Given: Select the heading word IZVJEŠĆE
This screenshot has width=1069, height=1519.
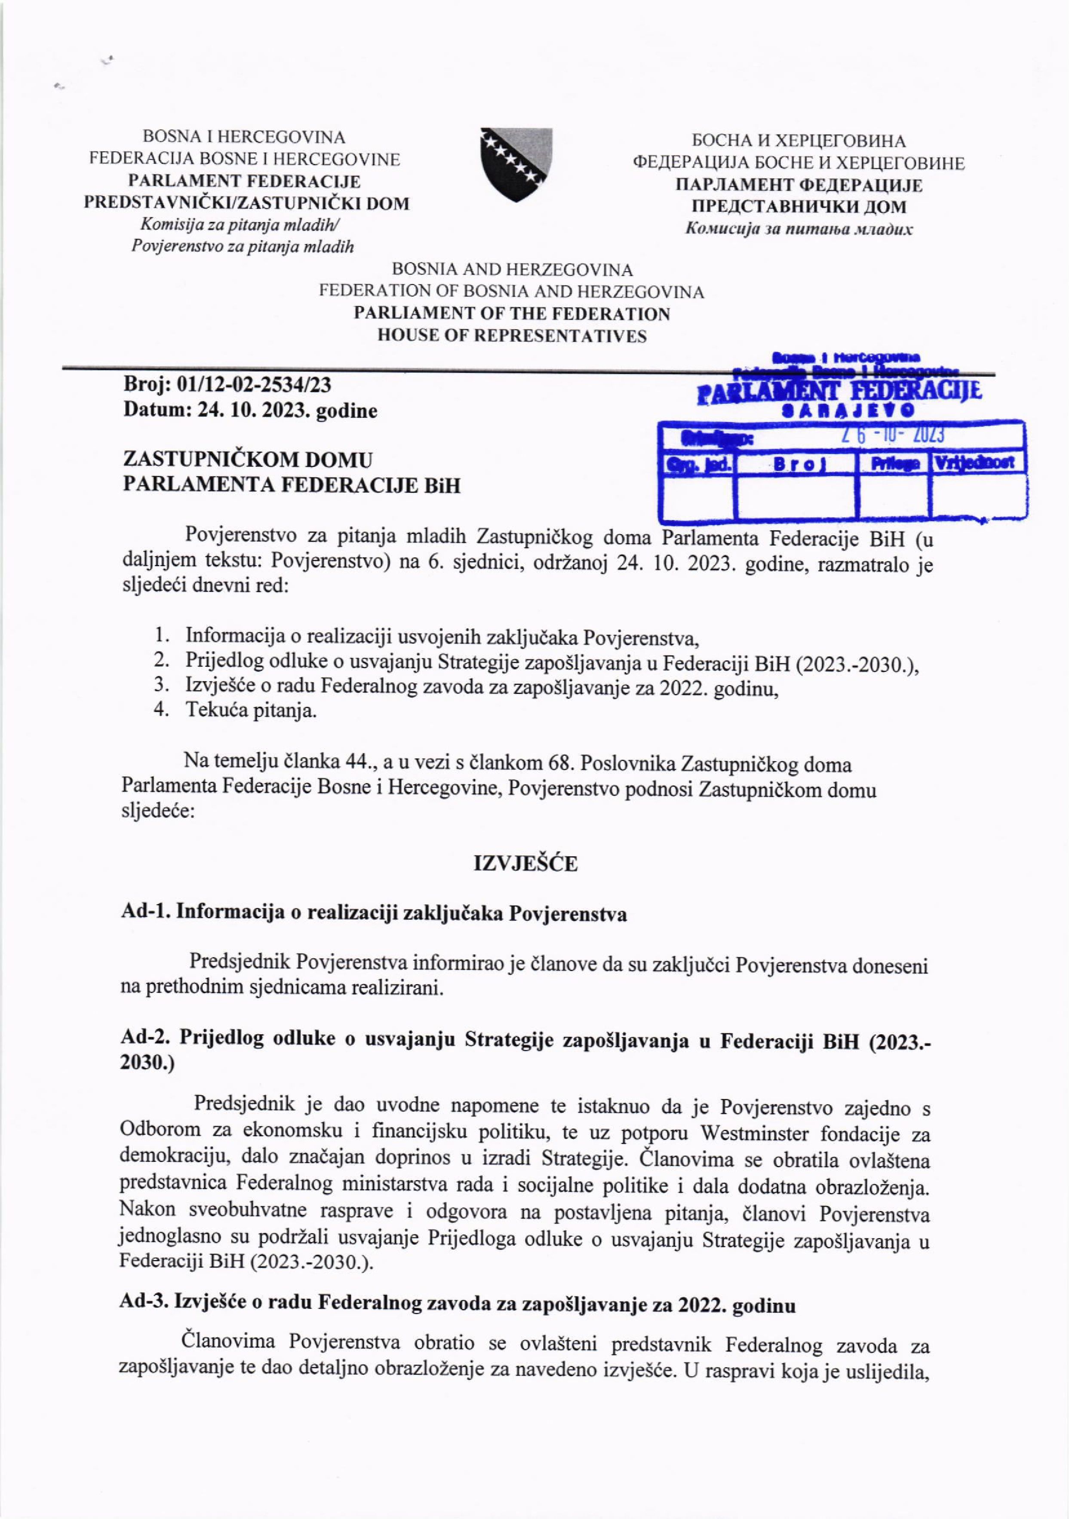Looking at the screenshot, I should point(525,864).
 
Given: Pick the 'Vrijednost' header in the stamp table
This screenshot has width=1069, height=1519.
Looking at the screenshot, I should point(978,462).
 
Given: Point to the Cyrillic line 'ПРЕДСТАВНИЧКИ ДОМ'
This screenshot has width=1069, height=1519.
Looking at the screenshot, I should point(799,206).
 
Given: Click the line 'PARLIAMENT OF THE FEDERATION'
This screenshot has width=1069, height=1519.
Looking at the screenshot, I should point(512,314).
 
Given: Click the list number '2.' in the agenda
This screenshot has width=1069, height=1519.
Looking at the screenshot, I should point(162,660).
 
